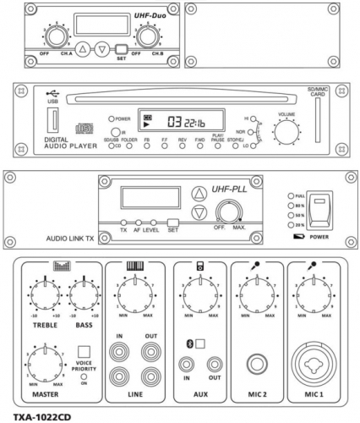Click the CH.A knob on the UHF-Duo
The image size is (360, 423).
[57, 37]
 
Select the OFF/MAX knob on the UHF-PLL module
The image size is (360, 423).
[227, 211]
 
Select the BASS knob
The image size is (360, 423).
[83, 294]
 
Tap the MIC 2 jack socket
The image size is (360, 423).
[254, 366]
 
